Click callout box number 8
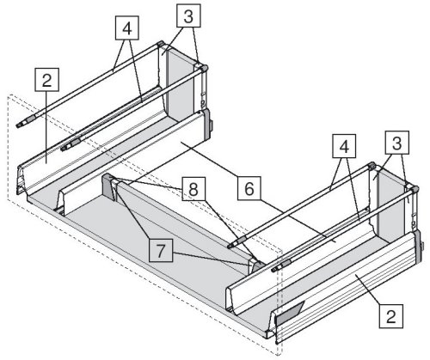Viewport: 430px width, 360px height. pyautogui.click(x=193, y=189)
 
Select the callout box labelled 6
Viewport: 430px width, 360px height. pyautogui.click(x=249, y=188)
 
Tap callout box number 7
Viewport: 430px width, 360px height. pyautogui.click(x=161, y=250)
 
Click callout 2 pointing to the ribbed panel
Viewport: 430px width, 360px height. pyautogui.click(x=391, y=316)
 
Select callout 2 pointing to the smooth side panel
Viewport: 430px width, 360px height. pyautogui.click(x=46, y=80)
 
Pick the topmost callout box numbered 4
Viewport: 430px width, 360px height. pyautogui.click(x=127, y=27)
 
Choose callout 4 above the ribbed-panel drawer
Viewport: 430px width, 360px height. pyautogui.click(x=344, y=146)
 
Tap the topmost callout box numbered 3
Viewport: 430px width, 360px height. pyautogui.click(x=188, y=15)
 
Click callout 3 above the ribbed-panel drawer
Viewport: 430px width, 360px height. pyautogui.click(x=396, y=143)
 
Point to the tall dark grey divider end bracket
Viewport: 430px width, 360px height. pyautogui.click(x=109, y=187)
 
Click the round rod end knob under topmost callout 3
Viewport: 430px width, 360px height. pyautogui.click(x=205, y=68)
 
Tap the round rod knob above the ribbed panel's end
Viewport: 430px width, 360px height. pyautogui.click(x=415, y=189)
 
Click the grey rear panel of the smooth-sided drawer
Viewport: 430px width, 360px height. pyautogui.click(x=181, y=86)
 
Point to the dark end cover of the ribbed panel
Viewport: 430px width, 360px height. pyautogui.click(x=418, y=247)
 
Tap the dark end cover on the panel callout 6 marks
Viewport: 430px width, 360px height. pyautogui.click(x=207, y=124)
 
